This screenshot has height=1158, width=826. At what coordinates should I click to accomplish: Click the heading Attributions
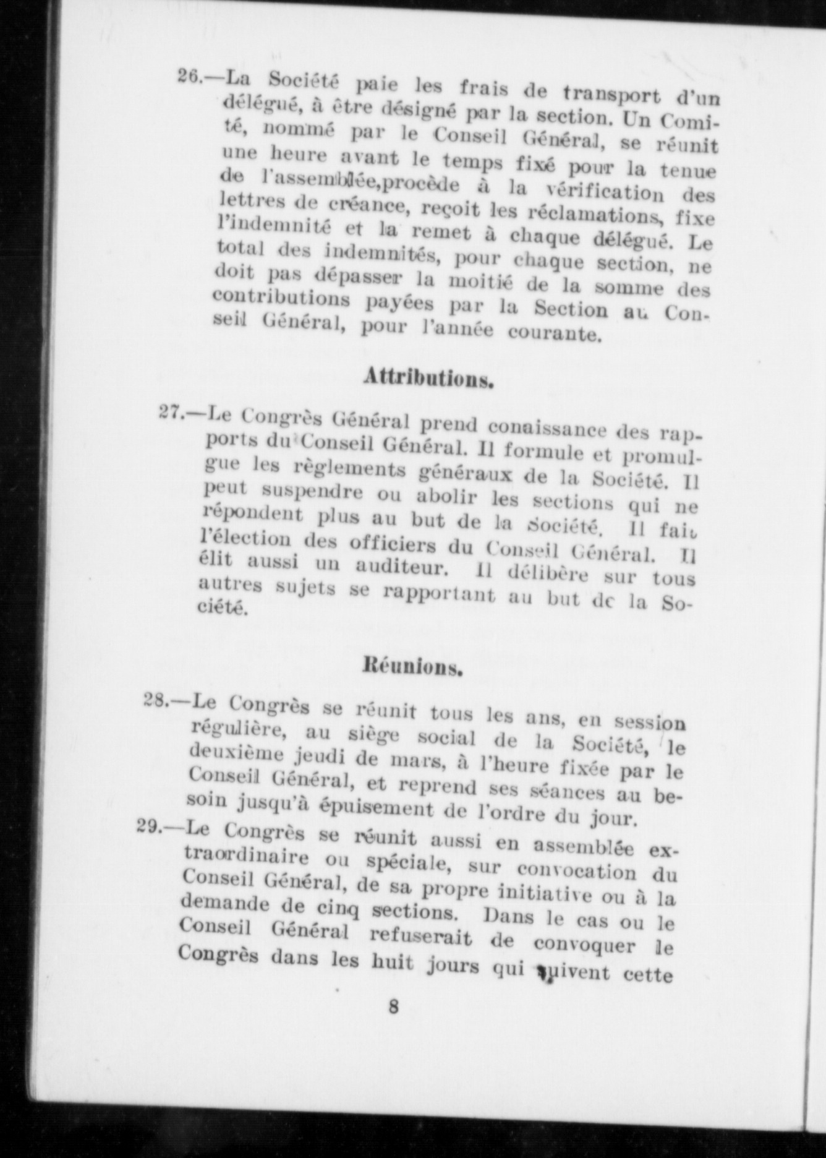click(428, 377)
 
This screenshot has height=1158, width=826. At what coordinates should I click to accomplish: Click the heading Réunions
click(412, 667)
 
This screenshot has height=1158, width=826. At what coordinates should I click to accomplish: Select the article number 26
click(191, 77)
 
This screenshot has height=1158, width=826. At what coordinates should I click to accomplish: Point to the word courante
click(554, 333)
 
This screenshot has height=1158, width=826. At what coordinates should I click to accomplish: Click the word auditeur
click(401, 566)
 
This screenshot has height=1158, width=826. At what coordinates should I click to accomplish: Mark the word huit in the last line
click(393, 963)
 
